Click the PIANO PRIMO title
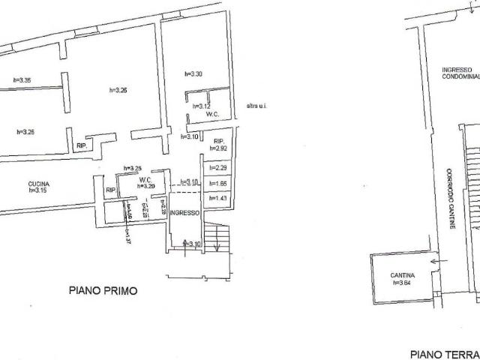(103, 290)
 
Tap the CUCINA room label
(39, 184)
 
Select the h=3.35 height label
(22, 80)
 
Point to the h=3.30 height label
(193, 73)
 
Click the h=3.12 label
(201, 106)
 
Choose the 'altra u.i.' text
(256, 106)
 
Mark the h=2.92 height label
(218, 148)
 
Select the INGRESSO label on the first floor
(184, 214)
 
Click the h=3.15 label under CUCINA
(38, 191)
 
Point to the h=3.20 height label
(145, 185)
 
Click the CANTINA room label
(402, 275)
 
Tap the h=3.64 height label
(402, 282)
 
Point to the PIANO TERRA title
(444, 353)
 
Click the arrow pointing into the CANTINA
(435, 262)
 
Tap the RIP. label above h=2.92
(220, 142)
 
